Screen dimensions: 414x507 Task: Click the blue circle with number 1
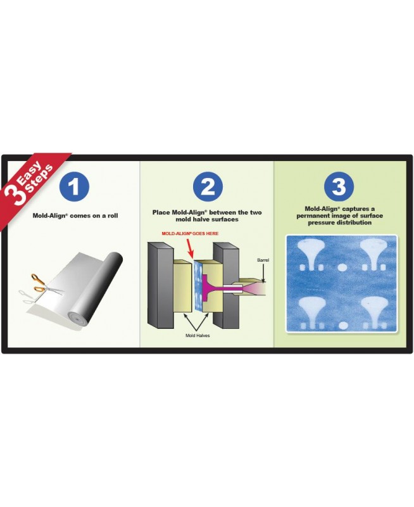pyautogui.click(x=74, y=187)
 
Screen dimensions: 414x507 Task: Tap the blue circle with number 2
pyautogui.click(x=208, y=187)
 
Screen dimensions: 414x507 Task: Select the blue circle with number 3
pyautogui.click(x=339, y=187)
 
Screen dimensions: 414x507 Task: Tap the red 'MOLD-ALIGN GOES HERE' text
pyautogui.click(x=190, y=233)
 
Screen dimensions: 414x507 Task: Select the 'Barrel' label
pyautogui.click(x=263, y=260)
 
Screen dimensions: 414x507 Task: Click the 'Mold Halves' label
pyautogui.click(x=198, y=336)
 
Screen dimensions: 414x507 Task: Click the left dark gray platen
pyautogui.click(x=160, y=284)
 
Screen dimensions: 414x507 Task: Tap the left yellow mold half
pyautogui.click(x=182, y=286)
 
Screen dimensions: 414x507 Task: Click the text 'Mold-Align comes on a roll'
pyautogui.click(x=75, y=215)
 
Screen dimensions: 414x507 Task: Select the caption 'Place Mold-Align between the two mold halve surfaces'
pyautogui.click(x=207, y=215)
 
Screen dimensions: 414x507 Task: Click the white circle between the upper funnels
pyautogui.click(x=342, y=267)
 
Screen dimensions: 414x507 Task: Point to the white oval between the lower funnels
pyautogui.click(x=343, y=325)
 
